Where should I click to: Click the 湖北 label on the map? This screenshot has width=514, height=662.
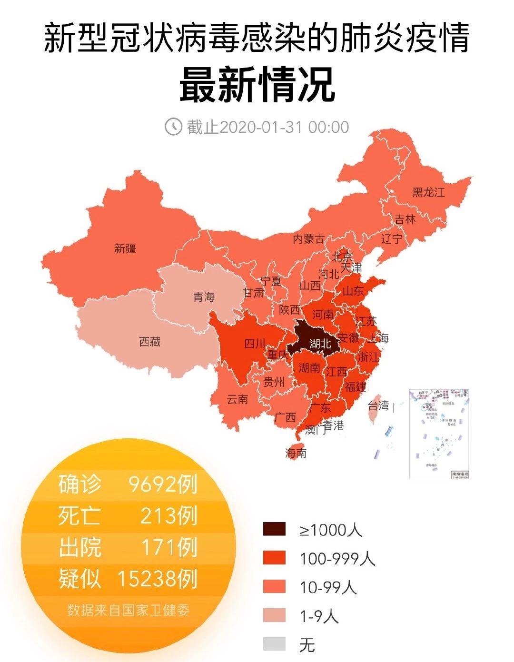pyautogui.click(x=320, y=343)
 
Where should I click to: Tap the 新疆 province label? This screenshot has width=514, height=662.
pyautogui.click(x=125, y=248)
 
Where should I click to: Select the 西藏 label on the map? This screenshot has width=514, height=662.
pyautogui.click(x=150, y=342)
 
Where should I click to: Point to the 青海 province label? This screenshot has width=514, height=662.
pyautogui.click(x=204, y=297)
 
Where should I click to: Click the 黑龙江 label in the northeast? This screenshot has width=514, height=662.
pyautogui.click(x=428, y=192)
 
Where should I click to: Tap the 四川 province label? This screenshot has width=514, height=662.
pyautogui.click(x=255, y=343)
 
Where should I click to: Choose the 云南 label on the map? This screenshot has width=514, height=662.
pyautogui.click(x=237, y=399)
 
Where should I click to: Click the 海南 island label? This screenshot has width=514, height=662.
pyautogui.click(x=296, y=453)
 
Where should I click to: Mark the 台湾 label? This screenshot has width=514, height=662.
pyautogui.click(x=379, y=406)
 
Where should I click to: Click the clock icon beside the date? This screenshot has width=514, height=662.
pyautogui.click(x=173, y=127)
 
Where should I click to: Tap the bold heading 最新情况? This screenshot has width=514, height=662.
pyautogui.click(x=257, y=85)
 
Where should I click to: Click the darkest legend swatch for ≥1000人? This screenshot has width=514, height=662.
pyautogui.click(x=274, y=529)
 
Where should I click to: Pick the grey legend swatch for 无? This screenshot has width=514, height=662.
pyautogui.click(x=274, y=644)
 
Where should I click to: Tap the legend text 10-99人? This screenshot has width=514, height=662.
pyautogui.click(x=328, y=587)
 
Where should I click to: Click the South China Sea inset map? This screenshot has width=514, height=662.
pyautogui.click(x=439, y=434)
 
